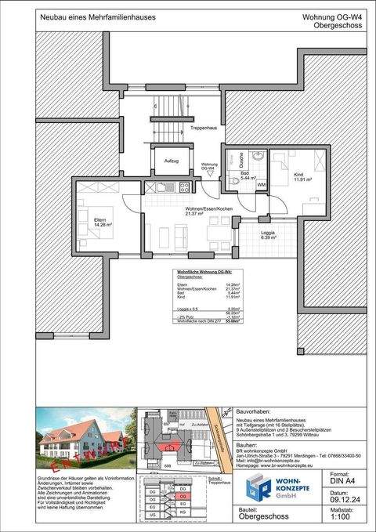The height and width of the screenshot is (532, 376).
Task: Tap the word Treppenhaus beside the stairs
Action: click(202, 128)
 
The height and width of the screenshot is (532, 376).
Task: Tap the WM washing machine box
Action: click(261, 185)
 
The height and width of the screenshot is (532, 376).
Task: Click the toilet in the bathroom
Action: click(237, 182)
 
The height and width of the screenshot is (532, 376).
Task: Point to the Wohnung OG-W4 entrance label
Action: click(209, 165)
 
